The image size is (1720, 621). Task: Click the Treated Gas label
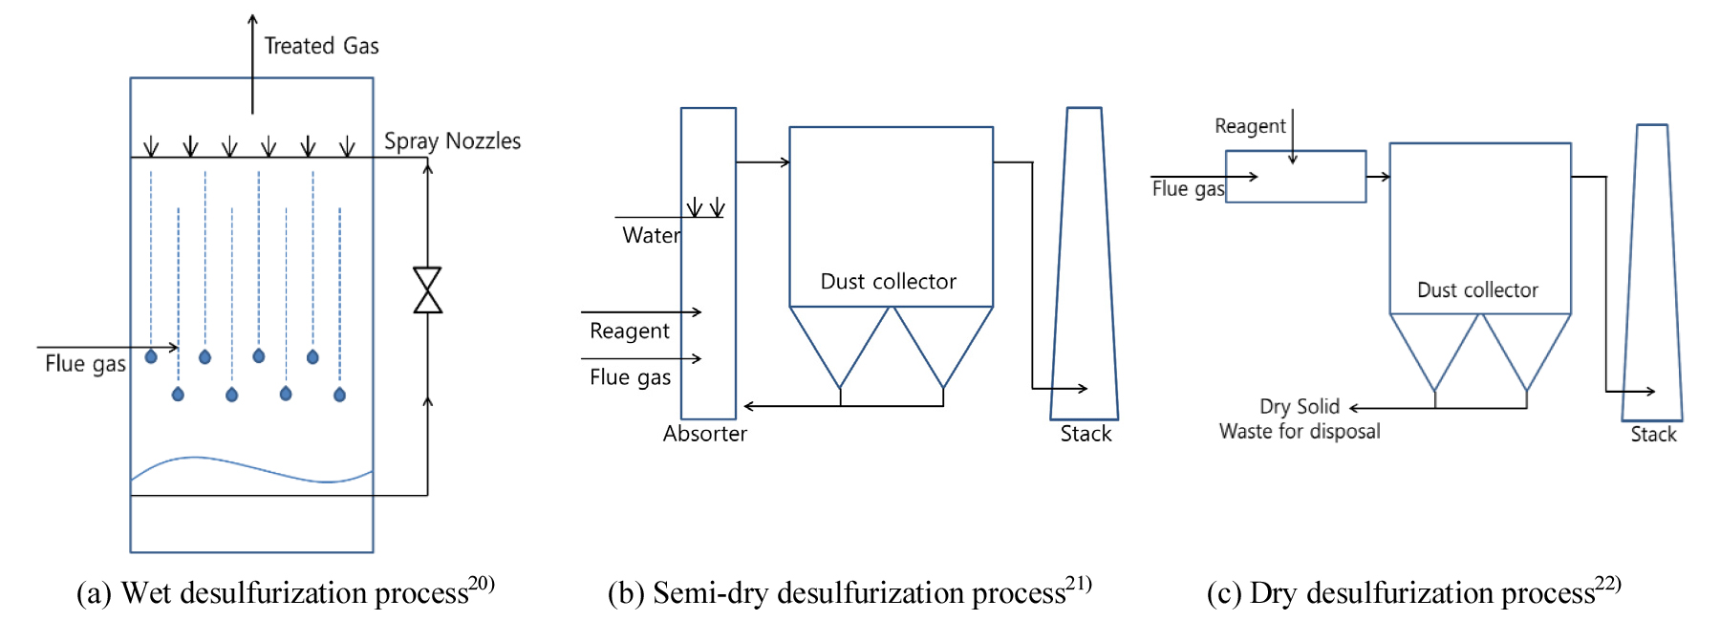pos(321,46)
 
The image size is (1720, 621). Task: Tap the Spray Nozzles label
pos(452,141)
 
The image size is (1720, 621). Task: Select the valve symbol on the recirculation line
pos(427,290)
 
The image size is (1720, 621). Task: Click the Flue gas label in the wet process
pos(85,364)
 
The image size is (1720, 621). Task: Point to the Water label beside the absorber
pos(651,236)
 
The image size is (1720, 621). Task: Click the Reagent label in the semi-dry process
pos(629,332)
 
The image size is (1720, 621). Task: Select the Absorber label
pos(704,434)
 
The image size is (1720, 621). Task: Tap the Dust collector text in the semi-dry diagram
pos(888,282)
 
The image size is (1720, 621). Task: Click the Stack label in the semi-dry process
pos(1086,434)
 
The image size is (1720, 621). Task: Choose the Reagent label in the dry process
pos(1249,126)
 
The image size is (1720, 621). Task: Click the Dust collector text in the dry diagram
pos(1477,290)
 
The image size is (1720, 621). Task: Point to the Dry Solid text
pos(1299,407)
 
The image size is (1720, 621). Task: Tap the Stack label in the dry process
pos(1653,435)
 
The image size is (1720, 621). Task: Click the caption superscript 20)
pos(482,583)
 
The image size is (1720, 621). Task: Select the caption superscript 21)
pos(1079,583)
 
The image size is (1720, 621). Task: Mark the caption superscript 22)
pos(1608,583)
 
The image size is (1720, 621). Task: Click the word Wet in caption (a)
pos(146,593)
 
